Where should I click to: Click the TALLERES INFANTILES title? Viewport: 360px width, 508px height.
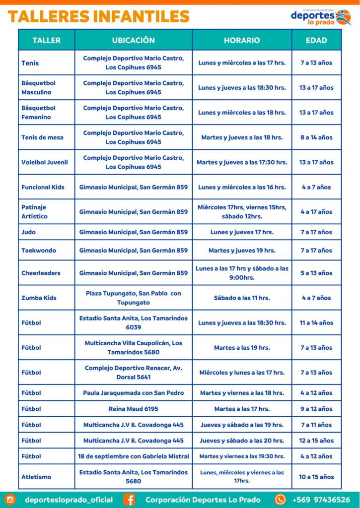[x=98, y=16]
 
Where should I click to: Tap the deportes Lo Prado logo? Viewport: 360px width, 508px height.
[x=321, y=17]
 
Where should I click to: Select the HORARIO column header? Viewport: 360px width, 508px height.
[x=242, y=40]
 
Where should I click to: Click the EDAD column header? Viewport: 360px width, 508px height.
[x=316, y=40]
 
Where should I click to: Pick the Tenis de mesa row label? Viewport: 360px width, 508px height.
[x=42, y=137]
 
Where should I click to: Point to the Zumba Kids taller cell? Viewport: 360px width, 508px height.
[x=39, y=298]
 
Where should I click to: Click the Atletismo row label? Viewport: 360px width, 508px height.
[x=36, y=477]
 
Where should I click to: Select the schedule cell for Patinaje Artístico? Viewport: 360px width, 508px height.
[x=242, y=212]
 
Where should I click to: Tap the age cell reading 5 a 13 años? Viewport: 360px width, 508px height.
[x=316, y=273]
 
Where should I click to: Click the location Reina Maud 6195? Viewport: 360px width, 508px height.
[x=133, y=409]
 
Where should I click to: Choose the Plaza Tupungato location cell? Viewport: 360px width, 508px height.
[x=133, y=298]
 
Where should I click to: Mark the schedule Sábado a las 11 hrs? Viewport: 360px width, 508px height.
[x=242, y=298]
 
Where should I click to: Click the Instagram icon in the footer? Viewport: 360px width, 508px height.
[x=10, y=500]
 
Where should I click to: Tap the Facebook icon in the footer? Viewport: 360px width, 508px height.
[x=130, y=500]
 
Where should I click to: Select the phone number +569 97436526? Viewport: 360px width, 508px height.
[x=321, y=500]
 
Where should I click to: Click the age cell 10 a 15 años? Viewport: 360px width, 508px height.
[x=316, y=477]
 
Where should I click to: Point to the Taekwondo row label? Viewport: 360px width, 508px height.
[x=39, y=251]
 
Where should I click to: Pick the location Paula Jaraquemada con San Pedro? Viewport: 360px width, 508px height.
[x=133, y=393]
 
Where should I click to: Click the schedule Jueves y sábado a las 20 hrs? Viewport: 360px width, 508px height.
[x=242, y=441]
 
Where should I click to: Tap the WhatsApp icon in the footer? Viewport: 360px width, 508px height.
[x=281, y=500]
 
